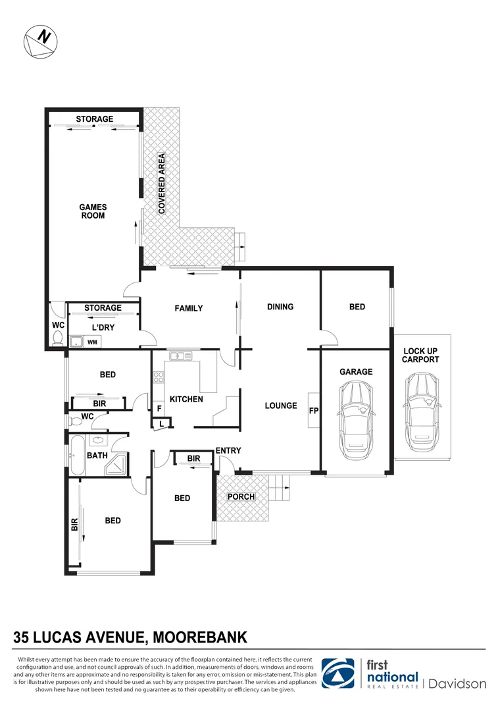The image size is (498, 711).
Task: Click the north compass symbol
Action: [39, 41]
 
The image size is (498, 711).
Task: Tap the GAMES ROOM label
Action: [93, 211]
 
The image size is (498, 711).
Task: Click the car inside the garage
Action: [355, 415]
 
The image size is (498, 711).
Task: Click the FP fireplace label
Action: [313, 410]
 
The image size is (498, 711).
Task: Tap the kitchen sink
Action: [180, 357]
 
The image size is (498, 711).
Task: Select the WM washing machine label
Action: [92, 342]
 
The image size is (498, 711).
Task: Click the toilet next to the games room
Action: [57, 339]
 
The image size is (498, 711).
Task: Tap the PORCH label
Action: [241, 496]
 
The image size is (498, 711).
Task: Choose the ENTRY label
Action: [228, 451]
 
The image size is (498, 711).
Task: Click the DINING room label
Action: [280, 307]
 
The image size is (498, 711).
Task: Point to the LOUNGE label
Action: [281, 406]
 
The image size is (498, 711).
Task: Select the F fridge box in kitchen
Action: [159, 409]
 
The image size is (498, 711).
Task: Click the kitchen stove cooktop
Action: [158, 378]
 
